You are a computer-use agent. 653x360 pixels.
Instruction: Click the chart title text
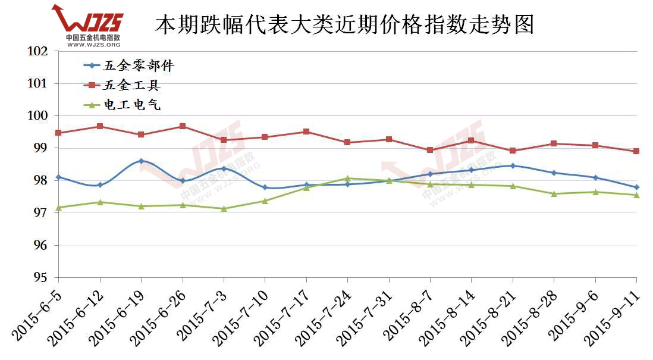(344, 24)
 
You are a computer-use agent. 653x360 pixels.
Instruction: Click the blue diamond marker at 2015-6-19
(141, 161)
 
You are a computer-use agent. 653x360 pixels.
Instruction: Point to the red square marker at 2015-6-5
(58, 133)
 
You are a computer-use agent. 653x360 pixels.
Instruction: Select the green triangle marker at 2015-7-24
(347, 178)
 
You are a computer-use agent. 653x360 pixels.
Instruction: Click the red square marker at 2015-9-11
(636, 151)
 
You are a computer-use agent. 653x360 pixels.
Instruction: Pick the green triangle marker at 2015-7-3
(224, 208)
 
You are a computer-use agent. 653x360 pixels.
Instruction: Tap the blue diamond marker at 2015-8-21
(513, 165)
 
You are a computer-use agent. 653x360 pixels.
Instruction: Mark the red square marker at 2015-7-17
(306, 132)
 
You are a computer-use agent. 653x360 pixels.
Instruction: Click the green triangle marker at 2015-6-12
(100, 202)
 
